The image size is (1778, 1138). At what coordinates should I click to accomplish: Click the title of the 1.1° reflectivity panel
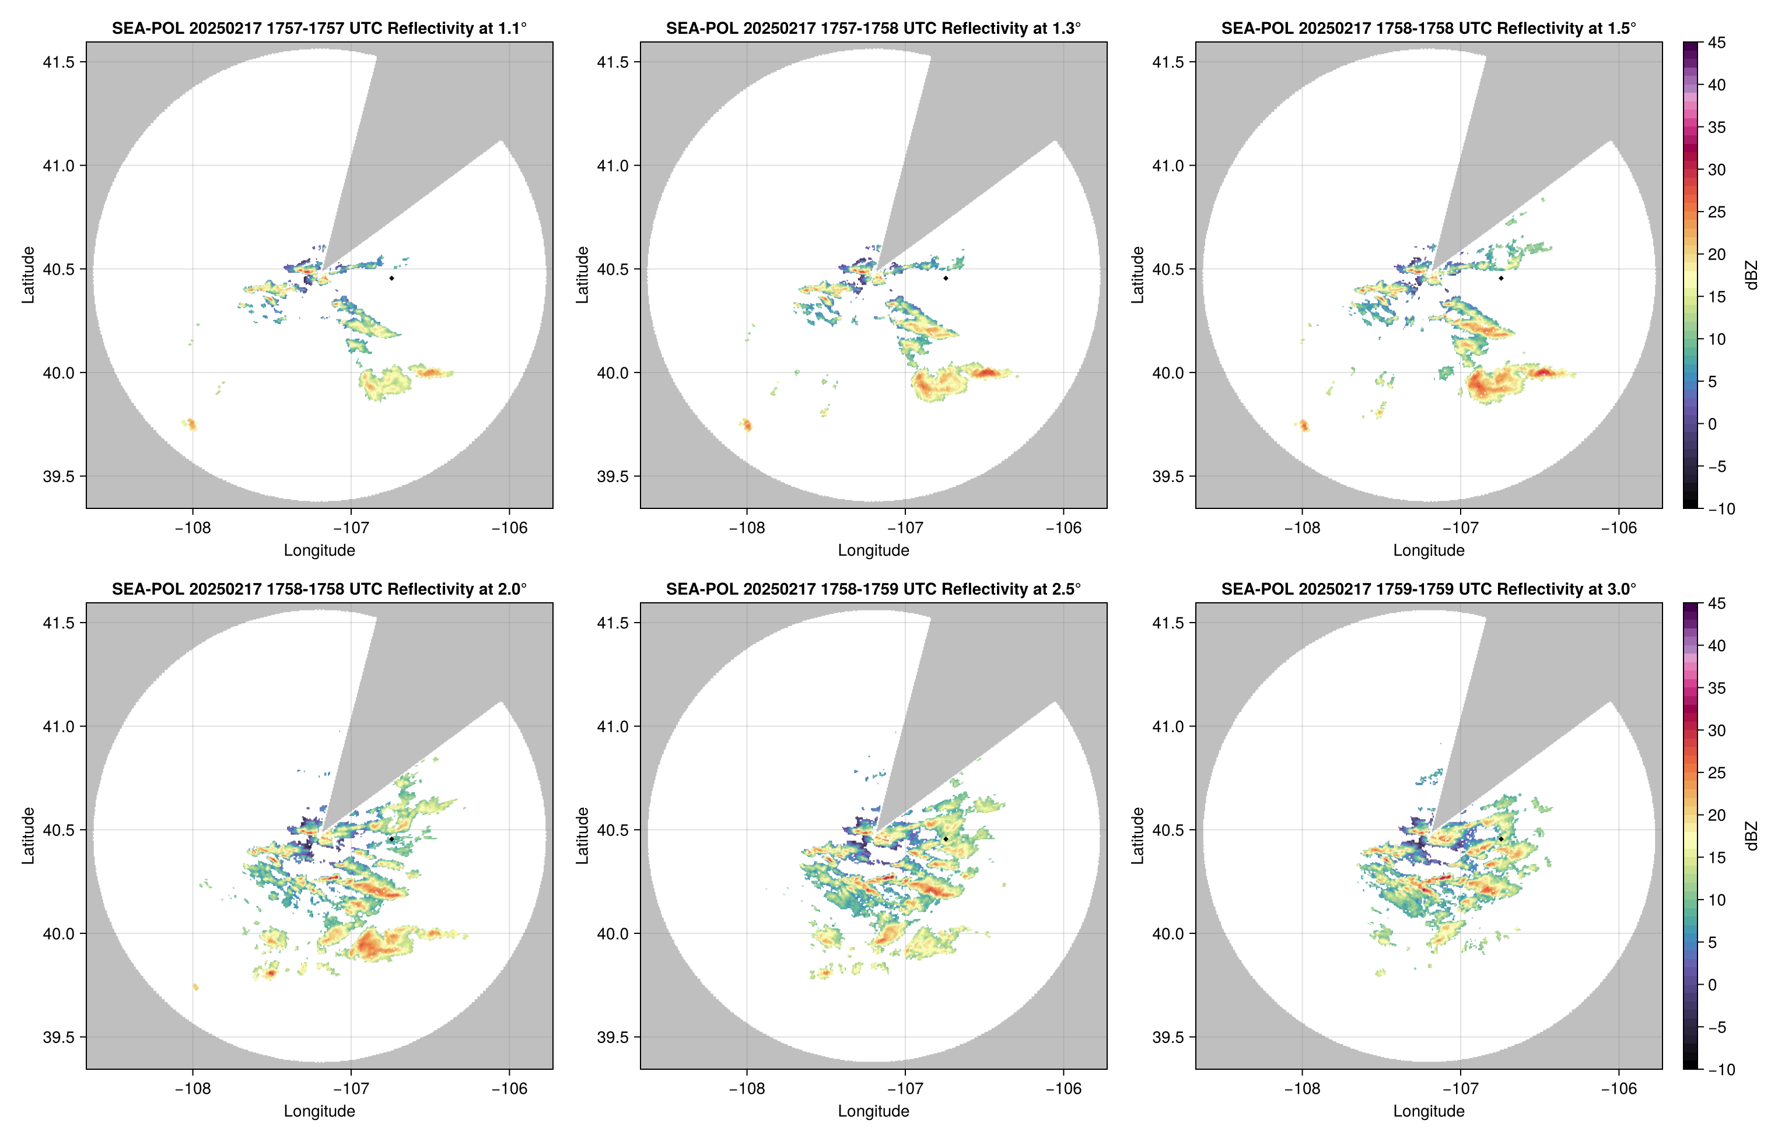coord(319,28)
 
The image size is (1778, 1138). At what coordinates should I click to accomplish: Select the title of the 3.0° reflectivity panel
coord(1429,589)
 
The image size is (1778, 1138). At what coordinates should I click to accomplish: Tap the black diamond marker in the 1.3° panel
coord(946,278)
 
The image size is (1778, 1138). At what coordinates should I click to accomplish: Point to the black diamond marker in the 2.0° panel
coord(391,839)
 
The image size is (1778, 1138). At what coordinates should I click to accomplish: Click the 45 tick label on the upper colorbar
coord(1717,43)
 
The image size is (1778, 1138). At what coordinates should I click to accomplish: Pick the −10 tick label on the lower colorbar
coord(1721,1069)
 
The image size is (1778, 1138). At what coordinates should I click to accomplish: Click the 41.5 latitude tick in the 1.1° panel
coord(58,62)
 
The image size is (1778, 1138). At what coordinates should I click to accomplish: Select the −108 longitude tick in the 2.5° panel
coord(747,1088)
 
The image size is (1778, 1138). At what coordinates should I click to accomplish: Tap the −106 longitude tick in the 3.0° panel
coord(1618,1088)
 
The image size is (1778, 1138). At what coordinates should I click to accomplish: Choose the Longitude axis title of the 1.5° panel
coord(1429,550)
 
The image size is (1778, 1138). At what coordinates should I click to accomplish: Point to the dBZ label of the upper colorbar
coord(1751,275)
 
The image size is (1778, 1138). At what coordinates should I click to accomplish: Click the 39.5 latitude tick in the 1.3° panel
coord(613,477)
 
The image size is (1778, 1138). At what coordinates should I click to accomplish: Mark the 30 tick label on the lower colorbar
coord(1717,730)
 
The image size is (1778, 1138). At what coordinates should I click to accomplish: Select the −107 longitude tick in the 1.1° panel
coord(351,528)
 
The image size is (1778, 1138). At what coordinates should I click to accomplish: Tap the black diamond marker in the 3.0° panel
coord(1501,839)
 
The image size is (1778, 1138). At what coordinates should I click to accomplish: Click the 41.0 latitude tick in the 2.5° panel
coord(613,726)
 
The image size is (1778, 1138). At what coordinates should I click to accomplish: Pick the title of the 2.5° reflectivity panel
coord(873,589)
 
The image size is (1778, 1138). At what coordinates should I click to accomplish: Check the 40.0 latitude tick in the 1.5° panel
coord(1168,373)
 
